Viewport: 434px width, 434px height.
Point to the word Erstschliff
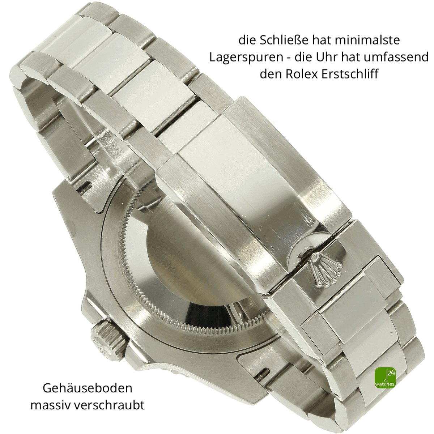(x=350, y=74)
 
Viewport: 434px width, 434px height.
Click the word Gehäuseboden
(x=88, y=388)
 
